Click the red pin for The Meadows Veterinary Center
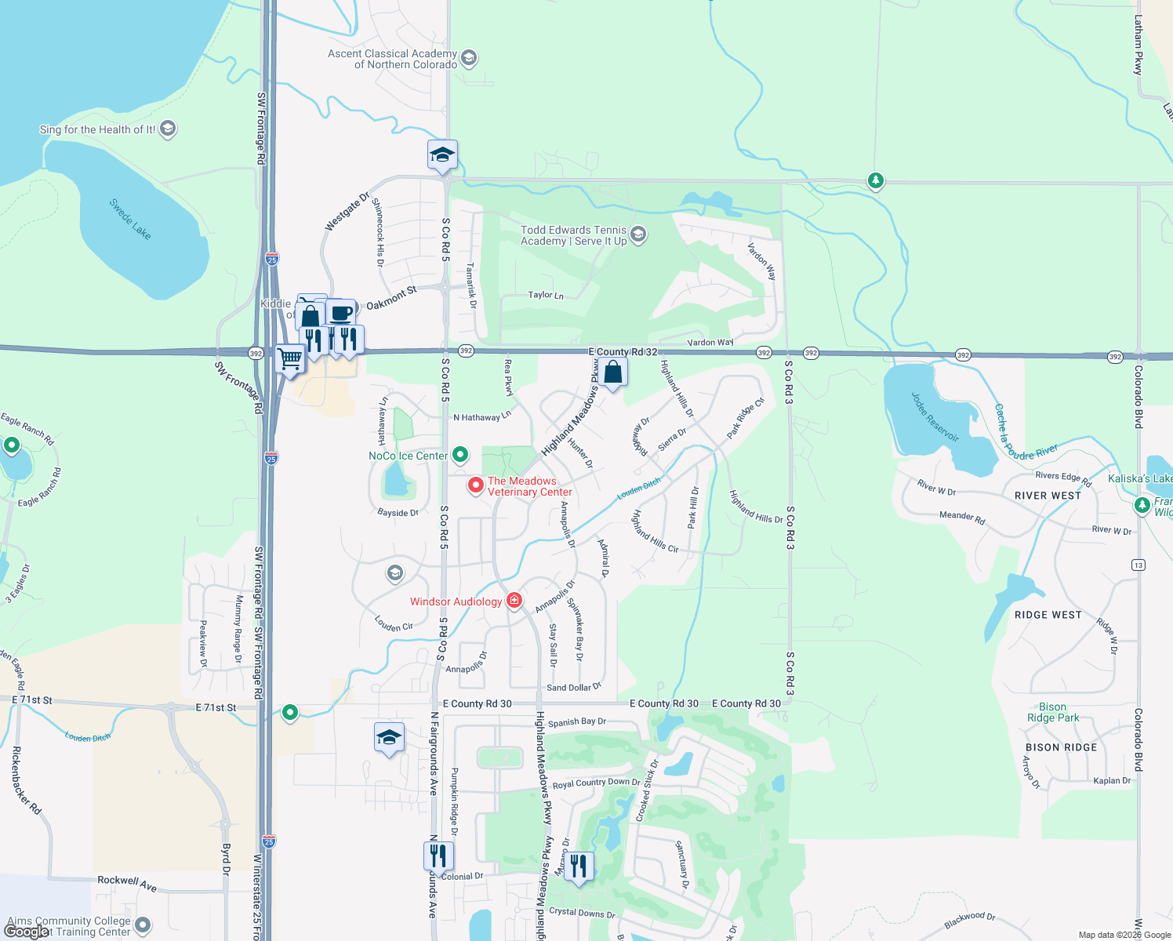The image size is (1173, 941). [475, 485]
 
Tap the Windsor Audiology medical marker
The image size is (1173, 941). [514, 601]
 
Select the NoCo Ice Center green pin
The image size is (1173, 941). [460, 454]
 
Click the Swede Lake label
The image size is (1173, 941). [130, 219]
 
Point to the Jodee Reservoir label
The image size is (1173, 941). [935, 417]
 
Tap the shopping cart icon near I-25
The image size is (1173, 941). [290, 359]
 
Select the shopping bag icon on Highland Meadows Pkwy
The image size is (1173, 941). [613, 372]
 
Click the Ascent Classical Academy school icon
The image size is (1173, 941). [469, 58]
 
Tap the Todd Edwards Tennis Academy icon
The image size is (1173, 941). [638, 234]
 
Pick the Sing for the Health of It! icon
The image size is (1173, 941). [167, 129]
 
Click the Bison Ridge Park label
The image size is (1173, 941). [1053, 712]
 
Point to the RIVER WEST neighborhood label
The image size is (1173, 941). [1048, 496]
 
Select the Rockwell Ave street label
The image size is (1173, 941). [127, 883]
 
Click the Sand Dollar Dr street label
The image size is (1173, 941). [574, 688]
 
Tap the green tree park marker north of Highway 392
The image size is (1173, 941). [876, 180]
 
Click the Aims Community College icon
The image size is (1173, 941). [143, 925]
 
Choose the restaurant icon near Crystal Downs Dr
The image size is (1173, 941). [579, 867]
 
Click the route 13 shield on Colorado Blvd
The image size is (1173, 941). [1138, 565]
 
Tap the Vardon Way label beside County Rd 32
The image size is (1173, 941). [710, 343]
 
